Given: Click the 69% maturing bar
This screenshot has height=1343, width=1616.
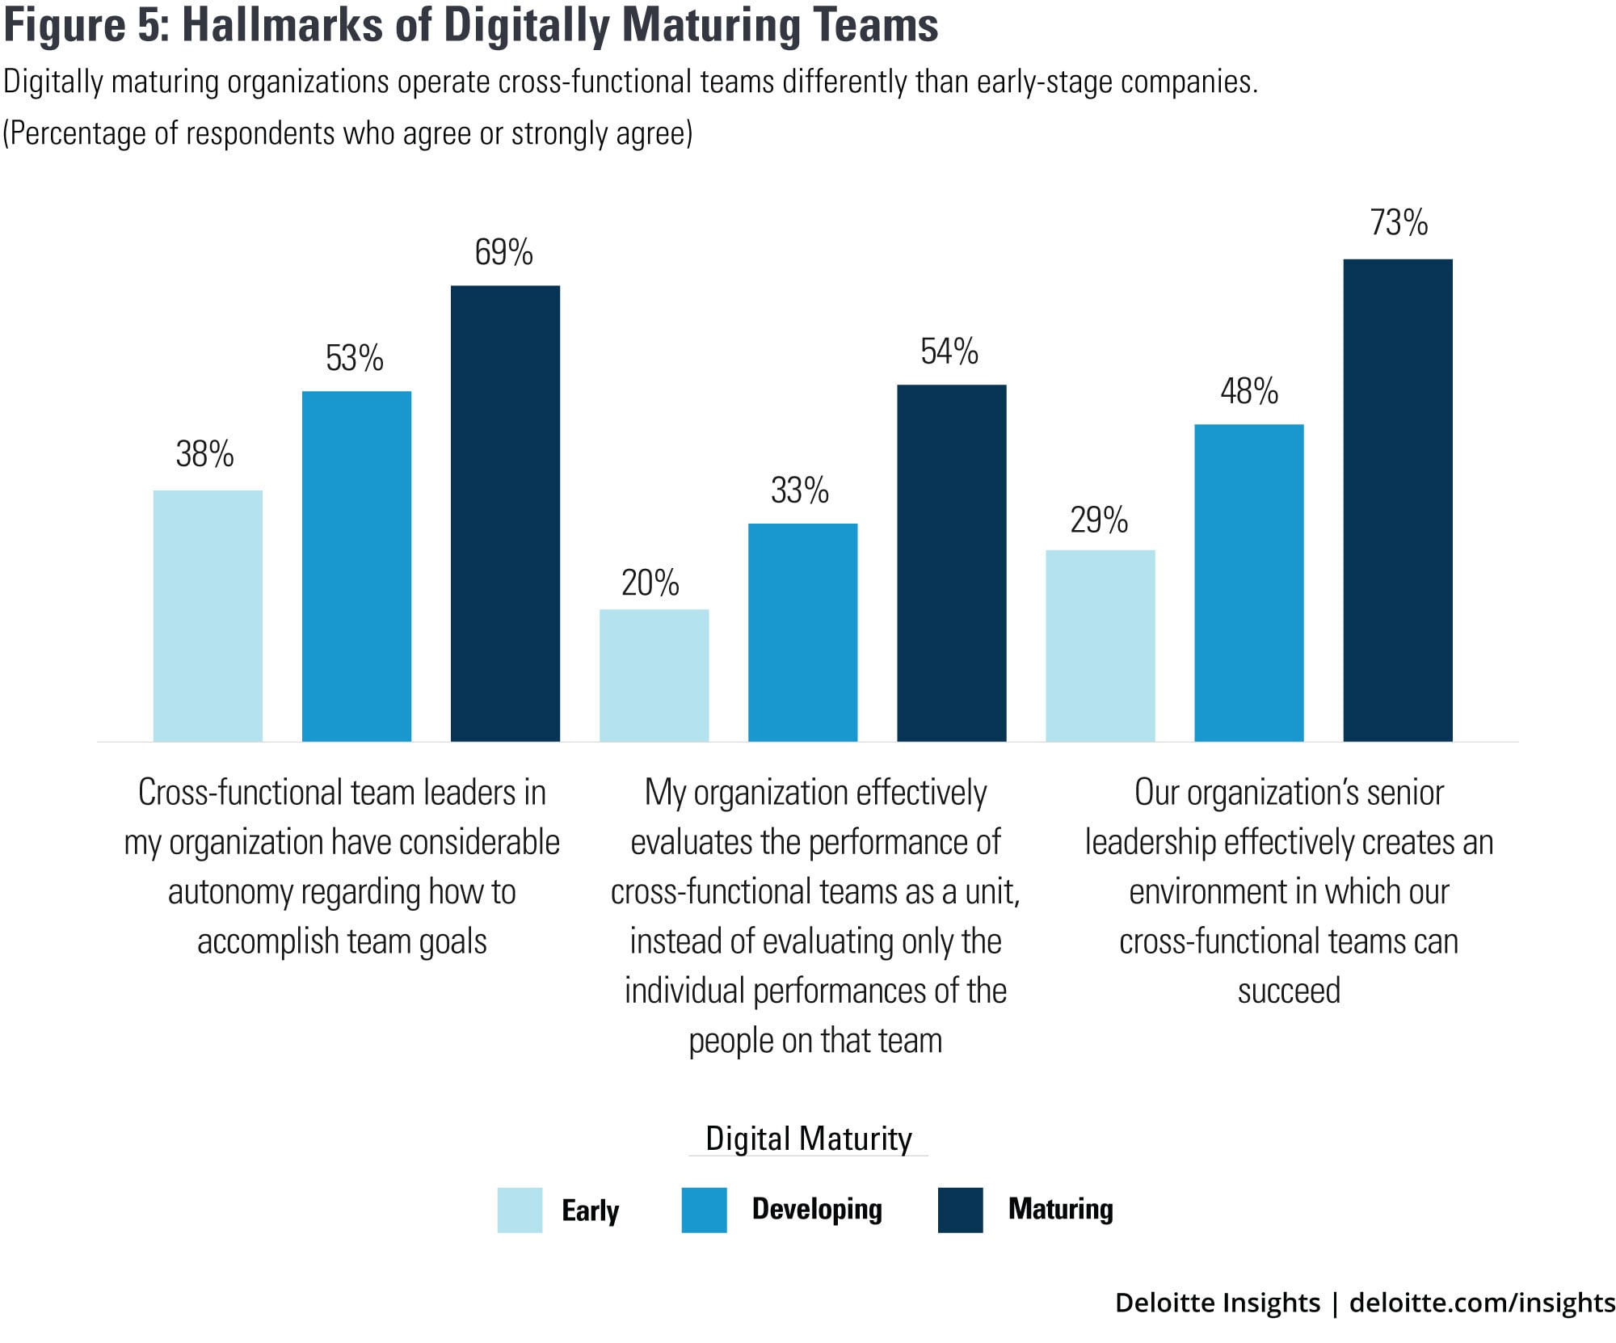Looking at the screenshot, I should [505, 513].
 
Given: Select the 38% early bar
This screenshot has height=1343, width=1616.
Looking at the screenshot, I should [208, 616].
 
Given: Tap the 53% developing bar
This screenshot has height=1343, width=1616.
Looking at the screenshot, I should [356, 566].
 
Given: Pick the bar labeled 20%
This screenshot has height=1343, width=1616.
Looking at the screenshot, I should [654, 675].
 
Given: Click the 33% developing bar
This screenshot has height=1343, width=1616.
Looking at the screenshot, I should [802, 632].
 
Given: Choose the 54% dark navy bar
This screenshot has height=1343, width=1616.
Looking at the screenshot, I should [951, 562].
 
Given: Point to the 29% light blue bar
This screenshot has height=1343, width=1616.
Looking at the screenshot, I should [1100, 646].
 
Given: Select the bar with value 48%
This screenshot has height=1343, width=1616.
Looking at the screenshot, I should [1248, 583].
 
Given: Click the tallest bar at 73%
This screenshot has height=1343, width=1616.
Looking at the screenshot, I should [1397, 500].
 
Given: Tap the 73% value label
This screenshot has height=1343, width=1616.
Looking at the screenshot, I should [1399, 223].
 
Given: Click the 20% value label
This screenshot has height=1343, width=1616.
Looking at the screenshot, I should [650, 583].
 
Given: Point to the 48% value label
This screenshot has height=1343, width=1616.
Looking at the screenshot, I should [1248, 391].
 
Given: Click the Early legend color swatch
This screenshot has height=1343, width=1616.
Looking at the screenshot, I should [520, 1210].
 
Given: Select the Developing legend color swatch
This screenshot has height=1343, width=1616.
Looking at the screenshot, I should [704, 1210].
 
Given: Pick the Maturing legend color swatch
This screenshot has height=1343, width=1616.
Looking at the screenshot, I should [960, 1210].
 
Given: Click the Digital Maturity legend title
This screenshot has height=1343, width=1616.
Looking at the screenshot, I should [808, 1138].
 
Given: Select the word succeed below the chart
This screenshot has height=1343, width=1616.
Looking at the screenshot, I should [1289, 991].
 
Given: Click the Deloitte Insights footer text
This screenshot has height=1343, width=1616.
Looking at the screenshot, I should [1217, 1303].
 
